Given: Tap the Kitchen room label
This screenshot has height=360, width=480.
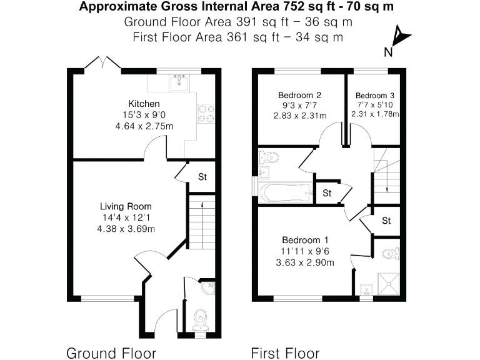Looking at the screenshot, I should click(144, 103).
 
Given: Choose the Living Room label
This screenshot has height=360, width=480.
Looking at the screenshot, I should click(126, 206).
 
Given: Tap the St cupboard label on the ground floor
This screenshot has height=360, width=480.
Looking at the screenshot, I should click(202, 176).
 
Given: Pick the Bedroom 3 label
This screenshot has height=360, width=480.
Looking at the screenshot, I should click(375, 95).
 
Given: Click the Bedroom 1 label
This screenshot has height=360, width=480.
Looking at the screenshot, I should click(304, 240).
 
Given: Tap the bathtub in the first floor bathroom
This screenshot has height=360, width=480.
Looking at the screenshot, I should click(284, 192).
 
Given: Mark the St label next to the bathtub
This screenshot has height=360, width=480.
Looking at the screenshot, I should click(327, 193).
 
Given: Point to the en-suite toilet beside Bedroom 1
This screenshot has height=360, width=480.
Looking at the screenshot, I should click(391, 253).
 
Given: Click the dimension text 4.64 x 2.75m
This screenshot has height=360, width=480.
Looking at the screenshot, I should click(144, 126).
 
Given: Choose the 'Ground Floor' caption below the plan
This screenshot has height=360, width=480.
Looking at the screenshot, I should click(111, 352).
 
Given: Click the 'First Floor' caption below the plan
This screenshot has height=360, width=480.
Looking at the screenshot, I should click(285, 352).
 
